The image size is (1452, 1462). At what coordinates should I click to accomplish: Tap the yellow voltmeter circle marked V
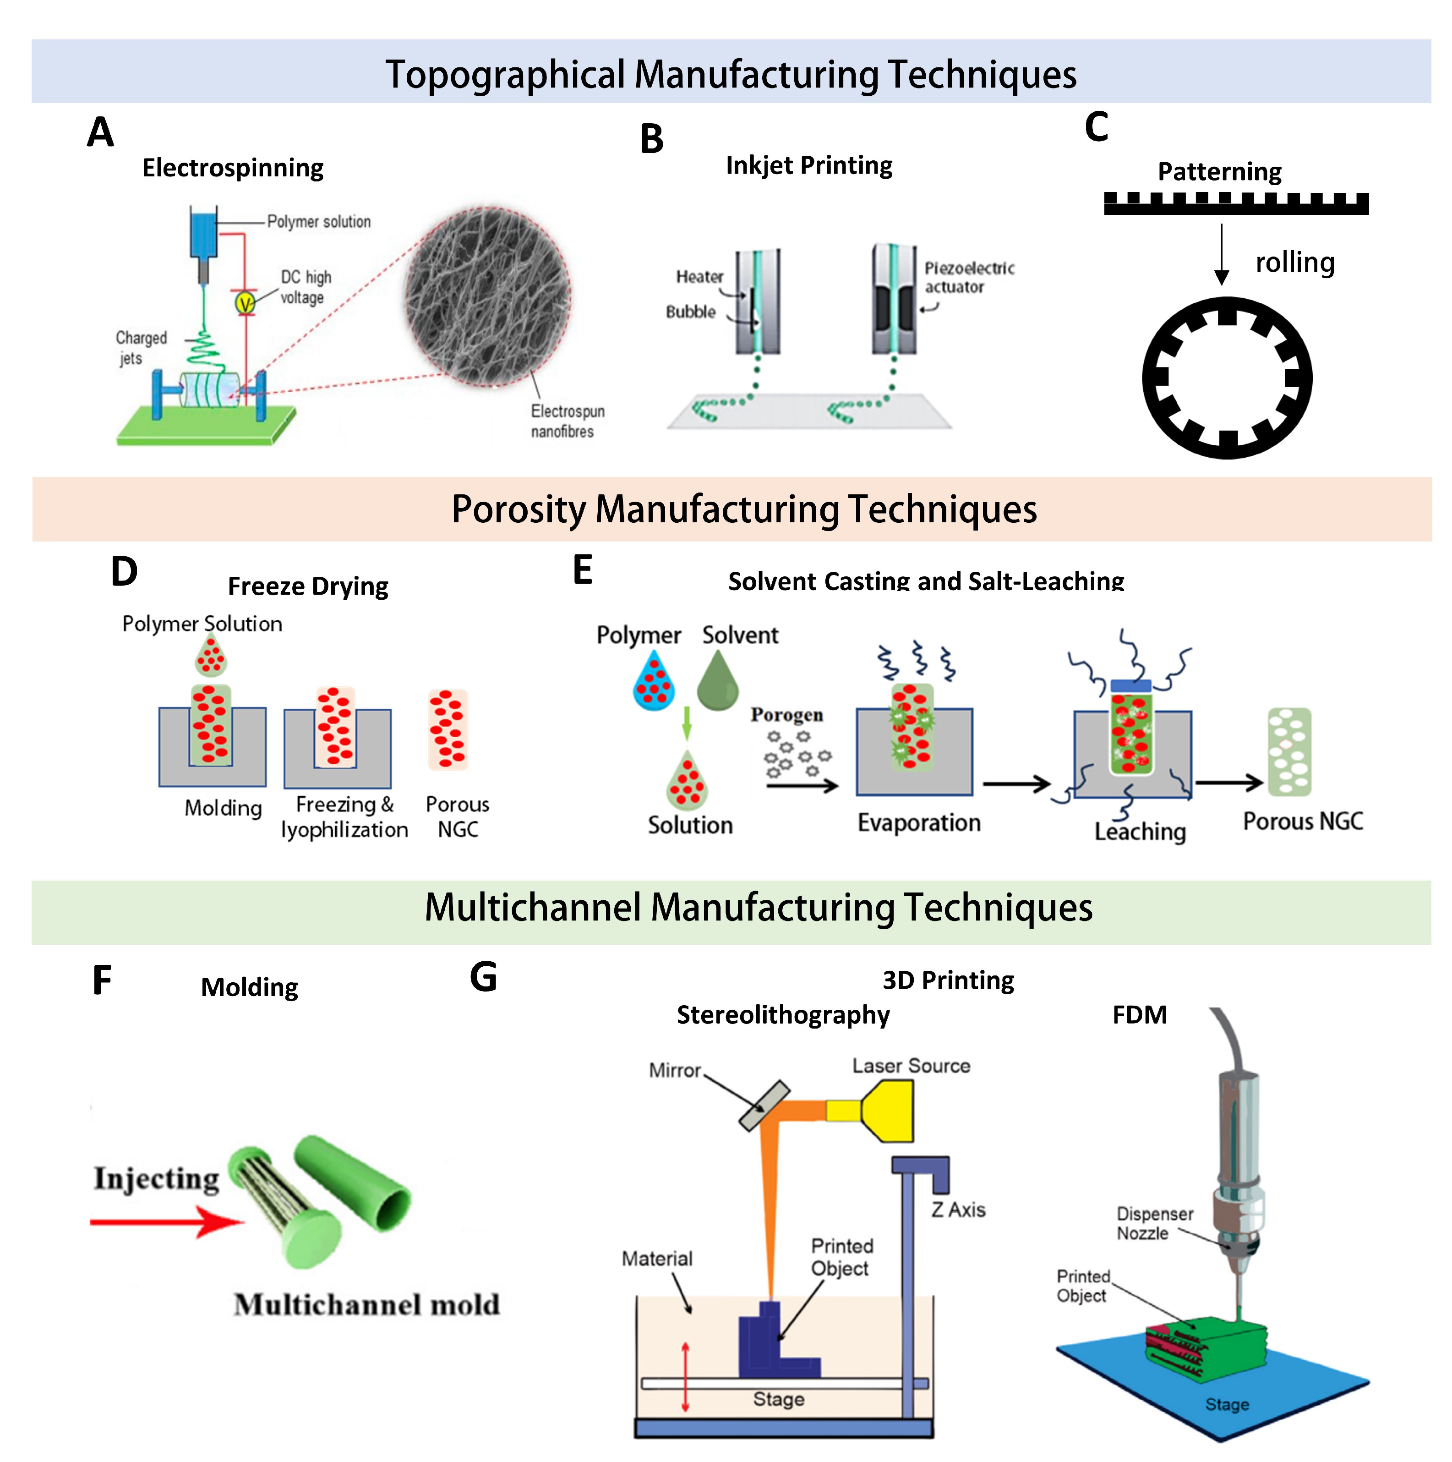[245, 303]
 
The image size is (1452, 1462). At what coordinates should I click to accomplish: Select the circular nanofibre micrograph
[487, 296]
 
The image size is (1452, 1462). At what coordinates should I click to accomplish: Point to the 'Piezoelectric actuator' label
[968, 277]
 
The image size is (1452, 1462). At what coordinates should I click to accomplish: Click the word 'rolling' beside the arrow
[1294, 263]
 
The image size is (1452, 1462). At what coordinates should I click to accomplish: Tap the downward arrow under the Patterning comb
[1221, 253]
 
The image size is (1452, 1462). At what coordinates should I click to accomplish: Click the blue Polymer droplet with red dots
[653, 683]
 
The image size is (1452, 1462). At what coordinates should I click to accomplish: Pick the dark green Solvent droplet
[716, 681]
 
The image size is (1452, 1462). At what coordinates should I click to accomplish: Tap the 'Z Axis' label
[957, 1209]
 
